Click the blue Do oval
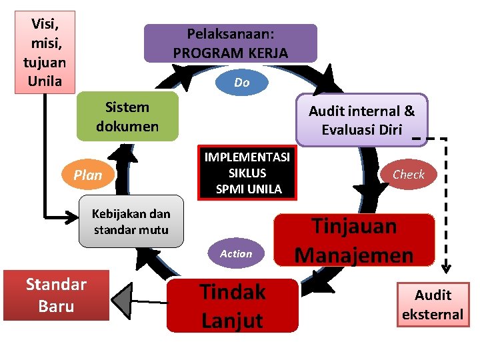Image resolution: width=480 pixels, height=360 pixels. pos(241,83)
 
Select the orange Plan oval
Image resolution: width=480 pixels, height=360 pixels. pos(88,175)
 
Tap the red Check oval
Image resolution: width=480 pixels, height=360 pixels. pos(408,175)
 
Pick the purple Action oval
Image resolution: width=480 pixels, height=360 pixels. pos(236,253)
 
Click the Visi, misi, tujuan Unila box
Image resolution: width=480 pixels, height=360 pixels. pos(45,53)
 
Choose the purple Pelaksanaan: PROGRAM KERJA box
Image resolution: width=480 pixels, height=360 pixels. pos(231,43)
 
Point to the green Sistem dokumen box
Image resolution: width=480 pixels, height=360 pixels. pos(127,117)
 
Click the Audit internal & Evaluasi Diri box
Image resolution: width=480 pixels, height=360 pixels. pos(361,120)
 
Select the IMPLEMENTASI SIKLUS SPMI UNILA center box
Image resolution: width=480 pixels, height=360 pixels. pos(248,173)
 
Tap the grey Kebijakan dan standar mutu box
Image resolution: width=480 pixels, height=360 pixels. pos(131,221)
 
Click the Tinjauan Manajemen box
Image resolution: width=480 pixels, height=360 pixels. pos(354,240)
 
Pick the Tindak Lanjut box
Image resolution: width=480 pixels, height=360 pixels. pos(233,306)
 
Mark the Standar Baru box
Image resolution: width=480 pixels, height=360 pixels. pos(56,295)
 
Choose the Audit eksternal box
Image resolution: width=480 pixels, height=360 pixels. pos(433,305)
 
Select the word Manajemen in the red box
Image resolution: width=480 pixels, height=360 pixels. pos(354,255)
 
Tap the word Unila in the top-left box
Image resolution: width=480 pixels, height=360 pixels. pos(45,82)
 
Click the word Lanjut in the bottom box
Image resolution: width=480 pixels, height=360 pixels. pos(233,321)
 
